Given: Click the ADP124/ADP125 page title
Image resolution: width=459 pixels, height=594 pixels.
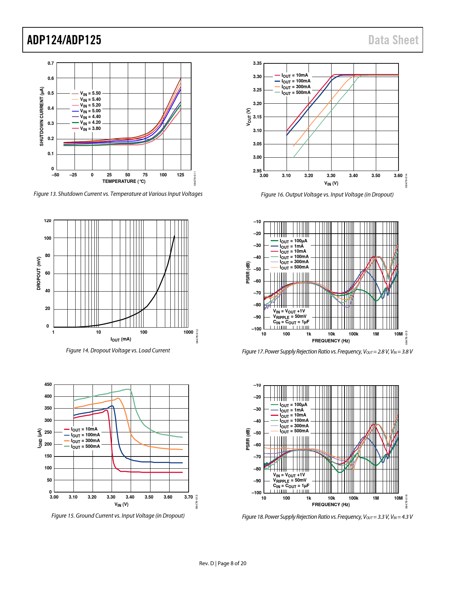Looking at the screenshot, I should coord(64,40).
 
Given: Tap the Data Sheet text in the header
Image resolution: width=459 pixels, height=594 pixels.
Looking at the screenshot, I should coord(393,40).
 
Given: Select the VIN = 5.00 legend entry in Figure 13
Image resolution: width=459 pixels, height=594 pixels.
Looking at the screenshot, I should coord(90,111).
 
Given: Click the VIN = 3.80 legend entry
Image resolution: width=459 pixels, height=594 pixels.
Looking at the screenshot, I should coord(90,129).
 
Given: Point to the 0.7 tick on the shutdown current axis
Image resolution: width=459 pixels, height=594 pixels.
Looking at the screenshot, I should coord(51,63).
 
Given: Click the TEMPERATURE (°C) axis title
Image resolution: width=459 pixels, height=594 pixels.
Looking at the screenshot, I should coord(123,181).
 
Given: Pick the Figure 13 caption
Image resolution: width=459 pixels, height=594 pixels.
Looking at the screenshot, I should coord(118,194).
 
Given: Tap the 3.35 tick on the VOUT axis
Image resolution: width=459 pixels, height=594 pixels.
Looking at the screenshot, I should coord(257,63).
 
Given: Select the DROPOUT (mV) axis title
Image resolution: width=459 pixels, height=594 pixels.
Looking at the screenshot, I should coord(39,273).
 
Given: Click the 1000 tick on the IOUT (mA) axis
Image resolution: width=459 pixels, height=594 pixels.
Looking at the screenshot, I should coord(188,332).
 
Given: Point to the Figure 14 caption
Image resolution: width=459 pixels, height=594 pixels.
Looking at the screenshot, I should coord(118,351).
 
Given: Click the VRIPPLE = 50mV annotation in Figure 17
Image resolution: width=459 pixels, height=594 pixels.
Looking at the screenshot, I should coord(290,316).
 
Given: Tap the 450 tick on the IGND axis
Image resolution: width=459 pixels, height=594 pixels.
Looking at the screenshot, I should coord(48,384).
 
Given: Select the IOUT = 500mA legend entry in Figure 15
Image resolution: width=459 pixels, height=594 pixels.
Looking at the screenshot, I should coord(85,446).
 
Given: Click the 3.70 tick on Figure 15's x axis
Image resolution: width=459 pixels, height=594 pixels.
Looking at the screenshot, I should coord(188,497).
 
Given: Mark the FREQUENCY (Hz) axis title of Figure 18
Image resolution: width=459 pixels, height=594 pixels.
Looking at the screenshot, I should coord(331,505).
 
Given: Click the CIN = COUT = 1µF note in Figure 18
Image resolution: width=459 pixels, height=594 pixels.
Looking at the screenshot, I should coord(291,486).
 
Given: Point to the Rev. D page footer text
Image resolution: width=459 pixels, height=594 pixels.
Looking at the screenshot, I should coord(223,563).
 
